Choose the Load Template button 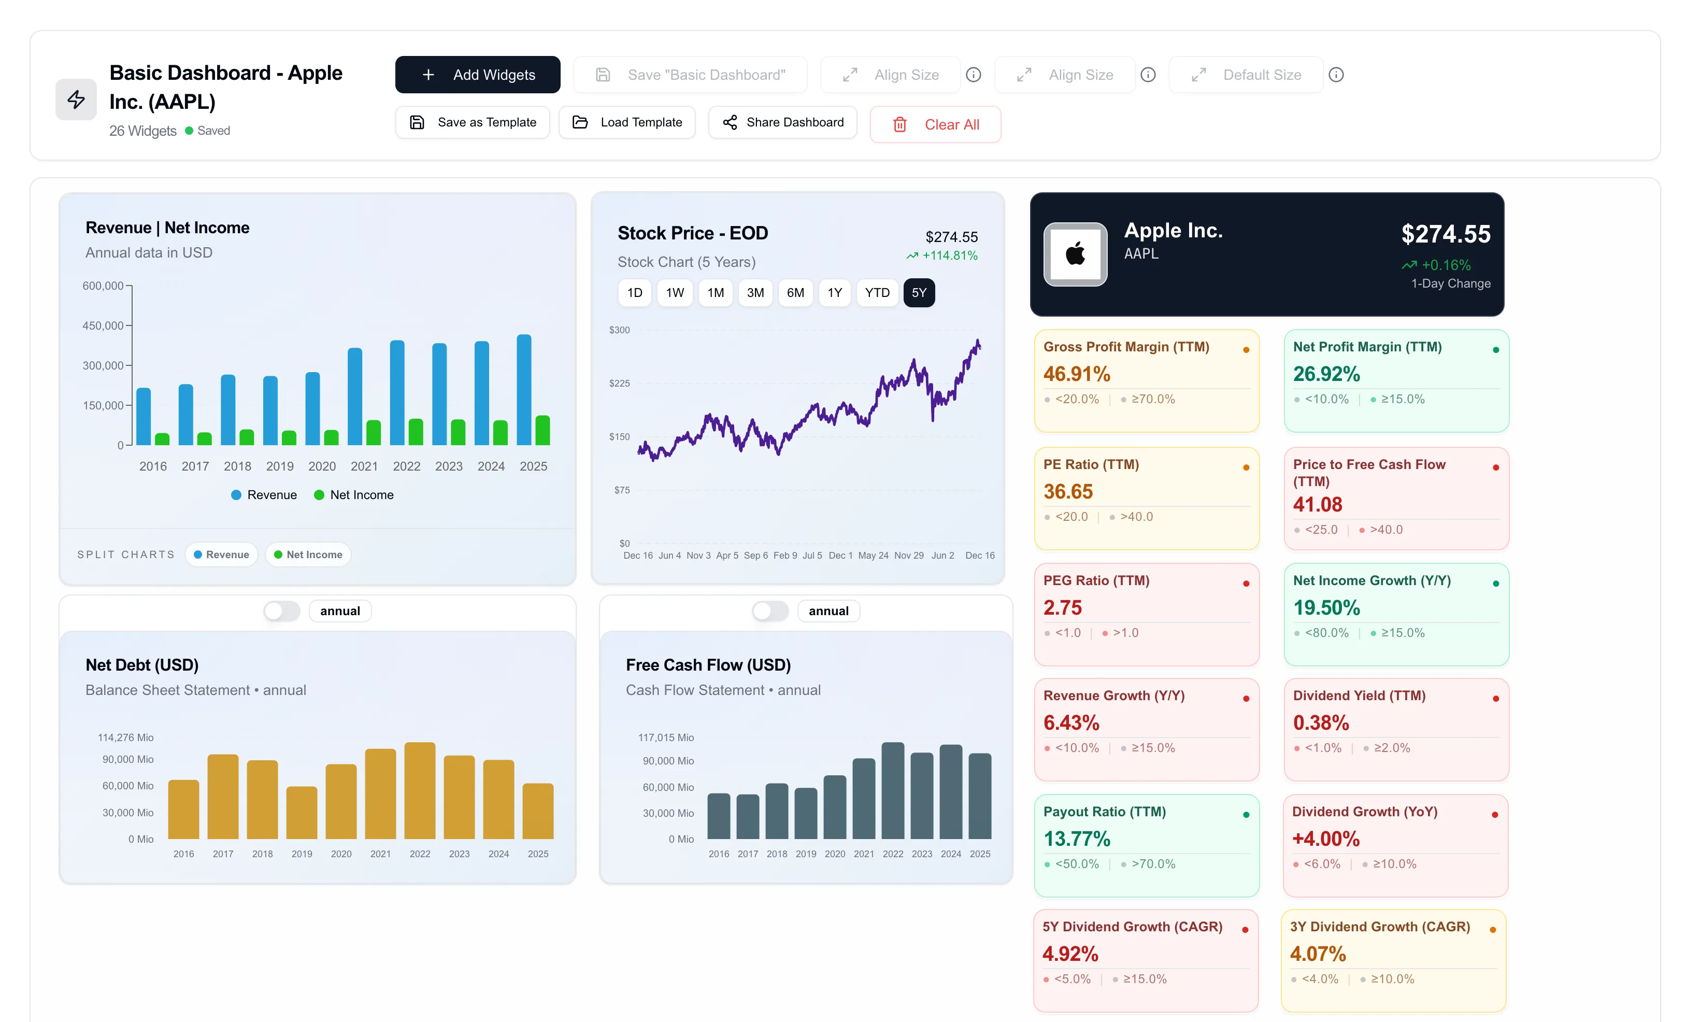627,122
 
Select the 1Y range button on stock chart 834,293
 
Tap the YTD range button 877,293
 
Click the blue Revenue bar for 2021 354,397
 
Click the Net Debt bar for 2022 420,791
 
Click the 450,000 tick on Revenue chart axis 103,326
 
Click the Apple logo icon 1075,254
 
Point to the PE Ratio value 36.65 1067,491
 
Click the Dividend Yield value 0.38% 1321,723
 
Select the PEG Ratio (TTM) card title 1095,580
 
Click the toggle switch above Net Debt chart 282,611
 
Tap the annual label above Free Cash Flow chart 828,611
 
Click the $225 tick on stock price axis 619,384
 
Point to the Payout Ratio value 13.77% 1076,839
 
